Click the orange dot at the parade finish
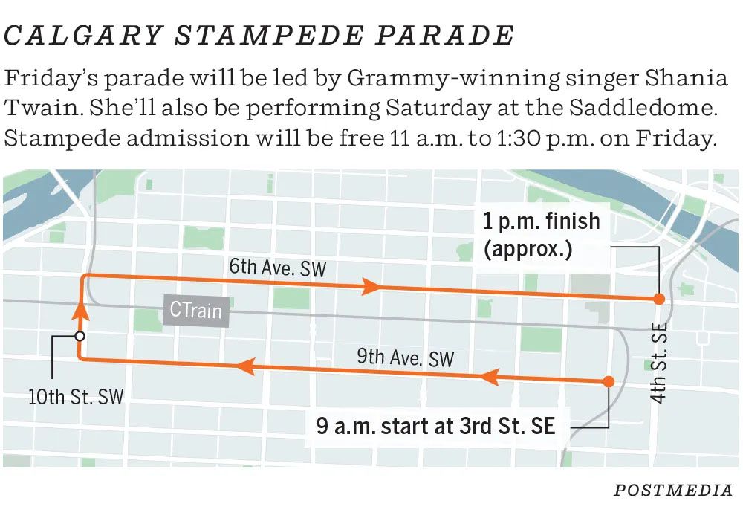658,299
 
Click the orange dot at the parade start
609,381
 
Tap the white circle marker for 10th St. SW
80,336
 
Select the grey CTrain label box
195,309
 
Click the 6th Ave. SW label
277,267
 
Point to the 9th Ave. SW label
405,357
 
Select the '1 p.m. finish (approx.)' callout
542,234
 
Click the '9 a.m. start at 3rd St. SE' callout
435,427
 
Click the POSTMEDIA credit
673,490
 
